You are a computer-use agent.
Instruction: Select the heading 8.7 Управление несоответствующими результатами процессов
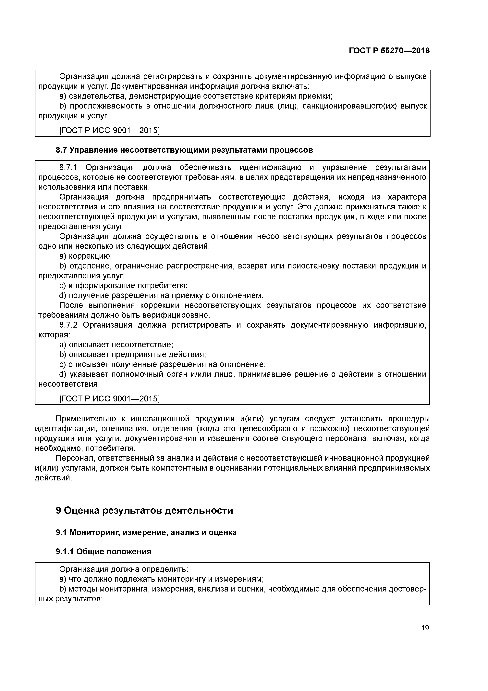pyautogui.click(x=184, y=150)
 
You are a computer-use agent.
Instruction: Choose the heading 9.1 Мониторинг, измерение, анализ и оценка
pyautogui.click(x=146, y=532)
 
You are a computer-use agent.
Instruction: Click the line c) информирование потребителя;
pyautogui.click(x=123, y=286)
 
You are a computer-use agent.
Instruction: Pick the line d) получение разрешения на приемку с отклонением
pyautogui.click(x=161, y=295)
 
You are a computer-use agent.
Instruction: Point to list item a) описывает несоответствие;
pyautogui.click(x=116, y=345)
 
